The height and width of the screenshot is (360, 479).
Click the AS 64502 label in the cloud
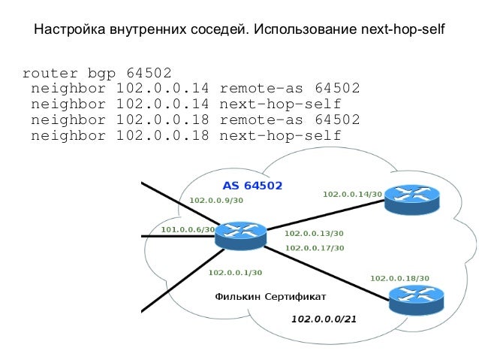(x=252, y=184)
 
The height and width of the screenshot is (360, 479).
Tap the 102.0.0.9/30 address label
(x=216, y=200)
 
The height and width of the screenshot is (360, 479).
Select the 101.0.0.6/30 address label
(x=188, y=229)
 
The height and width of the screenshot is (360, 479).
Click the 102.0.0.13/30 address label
(x=314, y=234)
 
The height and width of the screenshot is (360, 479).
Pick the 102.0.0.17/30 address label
(x=315, y=247)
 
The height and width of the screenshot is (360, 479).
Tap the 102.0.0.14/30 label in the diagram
(x=352, y=194)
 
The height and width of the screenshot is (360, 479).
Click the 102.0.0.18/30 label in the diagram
(x=399, y=278)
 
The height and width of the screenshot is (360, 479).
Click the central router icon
(x=240, y=235)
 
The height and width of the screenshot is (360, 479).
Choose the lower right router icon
(x=416, y=298)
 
